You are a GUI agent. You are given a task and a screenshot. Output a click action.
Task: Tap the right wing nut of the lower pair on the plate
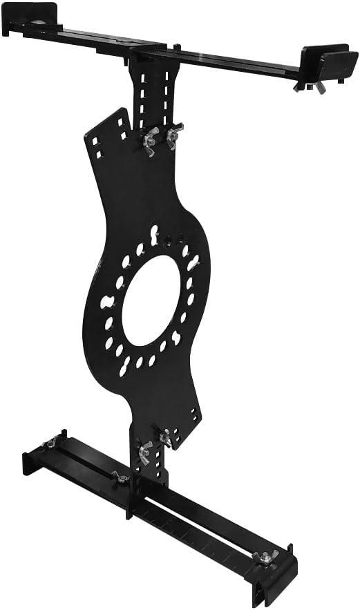pos(166,437)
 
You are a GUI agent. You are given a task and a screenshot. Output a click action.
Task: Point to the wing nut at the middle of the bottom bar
pos(122,477)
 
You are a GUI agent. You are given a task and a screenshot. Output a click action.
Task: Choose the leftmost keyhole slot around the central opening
pos(107,303)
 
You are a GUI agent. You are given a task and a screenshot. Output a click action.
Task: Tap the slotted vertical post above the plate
pos(156,90)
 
